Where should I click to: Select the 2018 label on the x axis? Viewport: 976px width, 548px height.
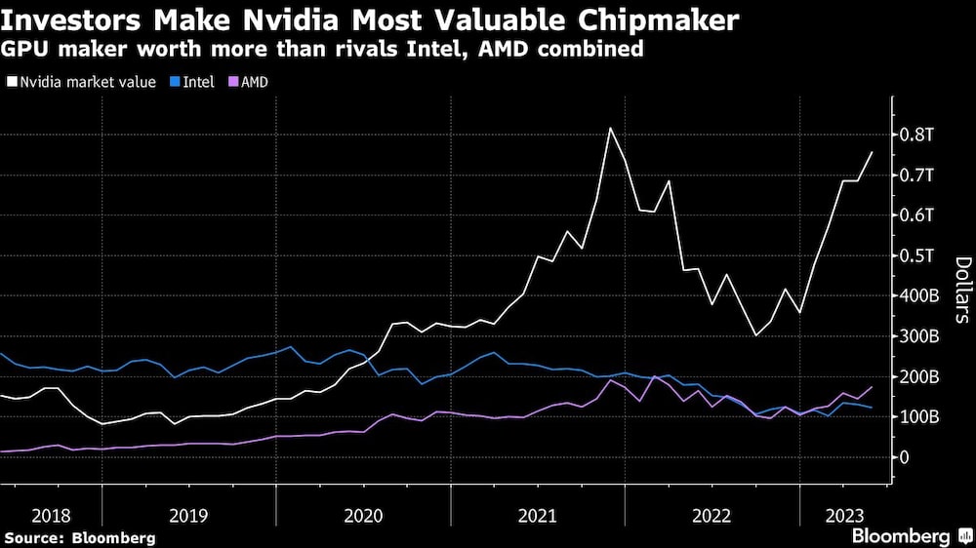pos(50,516)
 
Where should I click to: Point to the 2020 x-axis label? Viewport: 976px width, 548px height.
pos(364,516)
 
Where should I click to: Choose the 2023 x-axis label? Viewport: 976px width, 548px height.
pos(844,516)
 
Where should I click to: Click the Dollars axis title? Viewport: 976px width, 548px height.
pos(961,290)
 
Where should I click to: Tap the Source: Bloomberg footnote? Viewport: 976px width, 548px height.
pos(79,538)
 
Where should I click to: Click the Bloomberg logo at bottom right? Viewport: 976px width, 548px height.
pos(910,536)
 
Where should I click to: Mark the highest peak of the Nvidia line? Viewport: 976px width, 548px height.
pos(610,128)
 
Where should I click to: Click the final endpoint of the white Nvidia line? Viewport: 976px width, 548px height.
pos(872,152)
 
